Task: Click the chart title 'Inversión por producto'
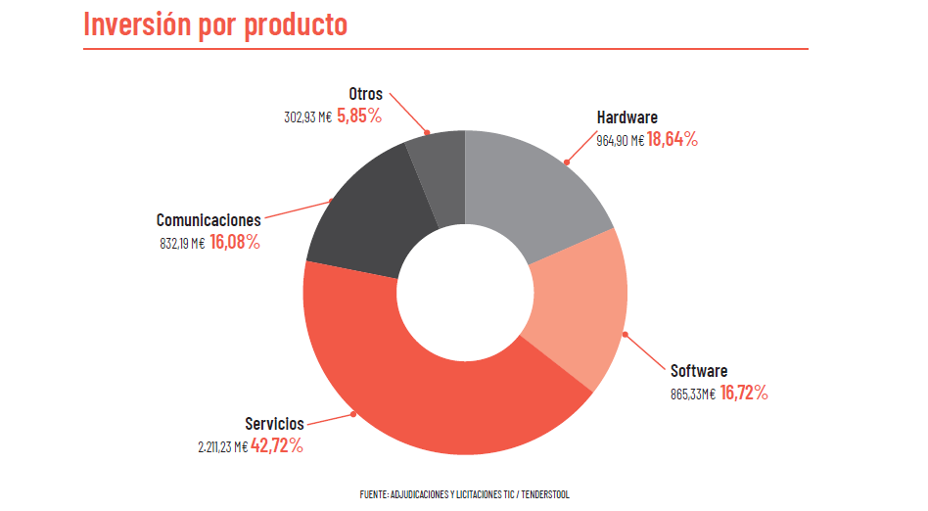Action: click(215, 24)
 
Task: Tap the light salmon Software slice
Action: click(578, 303)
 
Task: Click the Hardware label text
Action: click(627, 117)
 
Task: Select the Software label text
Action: click(699, 371)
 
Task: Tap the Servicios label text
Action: click(274, 424)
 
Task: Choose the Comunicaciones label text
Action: click(209, 220)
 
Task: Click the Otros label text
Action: click(365, 94)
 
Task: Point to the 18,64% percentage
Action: click(673, 139)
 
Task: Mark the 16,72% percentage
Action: click(744, 394)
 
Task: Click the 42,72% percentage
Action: click(277, 445)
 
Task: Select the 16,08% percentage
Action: click(235, 242)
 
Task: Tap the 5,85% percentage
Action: click(359, 116)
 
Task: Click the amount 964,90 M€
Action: click(620, 140)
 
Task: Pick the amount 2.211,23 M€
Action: click(222, 446)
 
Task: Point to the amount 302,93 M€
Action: click(307, 116)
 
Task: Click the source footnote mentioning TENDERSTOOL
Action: click(464, 494)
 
